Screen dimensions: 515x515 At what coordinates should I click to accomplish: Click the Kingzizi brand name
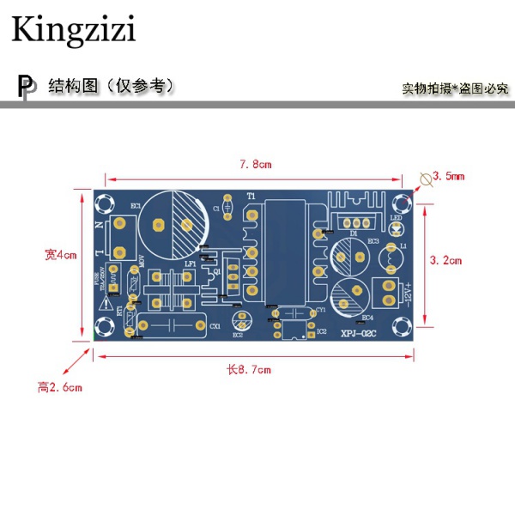click(x=73, y=31)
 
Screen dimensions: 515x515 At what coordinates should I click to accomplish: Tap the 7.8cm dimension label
click(x=254, y=164)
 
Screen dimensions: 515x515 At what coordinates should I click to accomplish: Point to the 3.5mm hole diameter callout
click(x=447, y=176)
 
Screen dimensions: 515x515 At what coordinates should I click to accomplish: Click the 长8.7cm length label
click(x=248, y=369)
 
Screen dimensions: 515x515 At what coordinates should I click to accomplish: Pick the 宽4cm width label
click(x=61, y=254)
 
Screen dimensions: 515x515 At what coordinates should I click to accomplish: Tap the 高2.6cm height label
click(x=59, y=387)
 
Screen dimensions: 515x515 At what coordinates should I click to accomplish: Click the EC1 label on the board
click(x=135, y=206)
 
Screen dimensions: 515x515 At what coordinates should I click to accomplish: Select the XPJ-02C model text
click(x=360, y=334)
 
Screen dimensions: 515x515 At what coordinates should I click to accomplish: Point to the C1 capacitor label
click(x=216, y=208)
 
